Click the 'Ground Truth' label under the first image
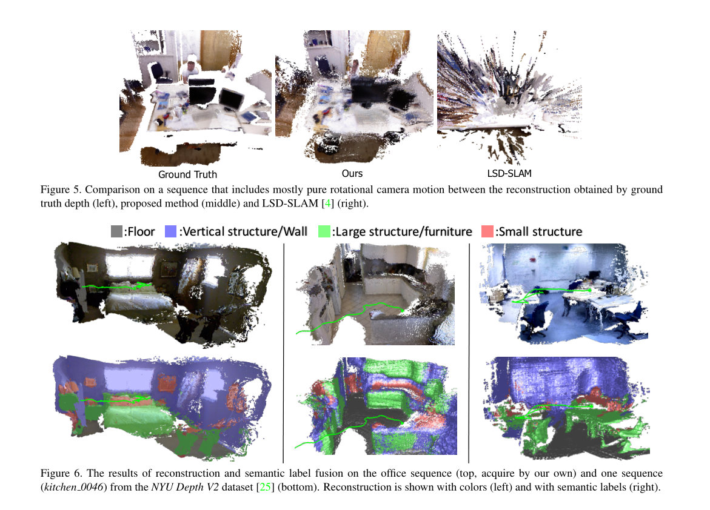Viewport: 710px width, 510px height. coord(187,174)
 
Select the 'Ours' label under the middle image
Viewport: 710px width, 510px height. coord(352,174)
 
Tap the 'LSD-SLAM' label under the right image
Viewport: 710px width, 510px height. coord(509,174)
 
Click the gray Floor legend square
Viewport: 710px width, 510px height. coord(117,231)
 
